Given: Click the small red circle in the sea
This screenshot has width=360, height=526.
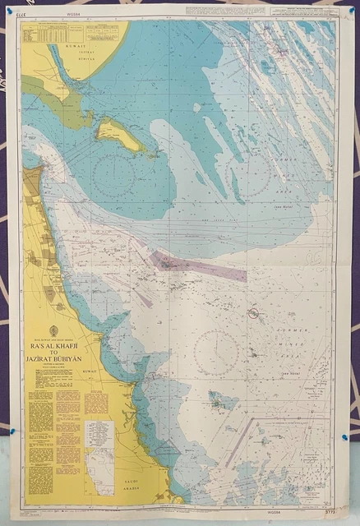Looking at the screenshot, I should click(254, 313).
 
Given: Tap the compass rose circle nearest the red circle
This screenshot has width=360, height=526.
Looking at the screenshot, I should click(216, 353).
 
